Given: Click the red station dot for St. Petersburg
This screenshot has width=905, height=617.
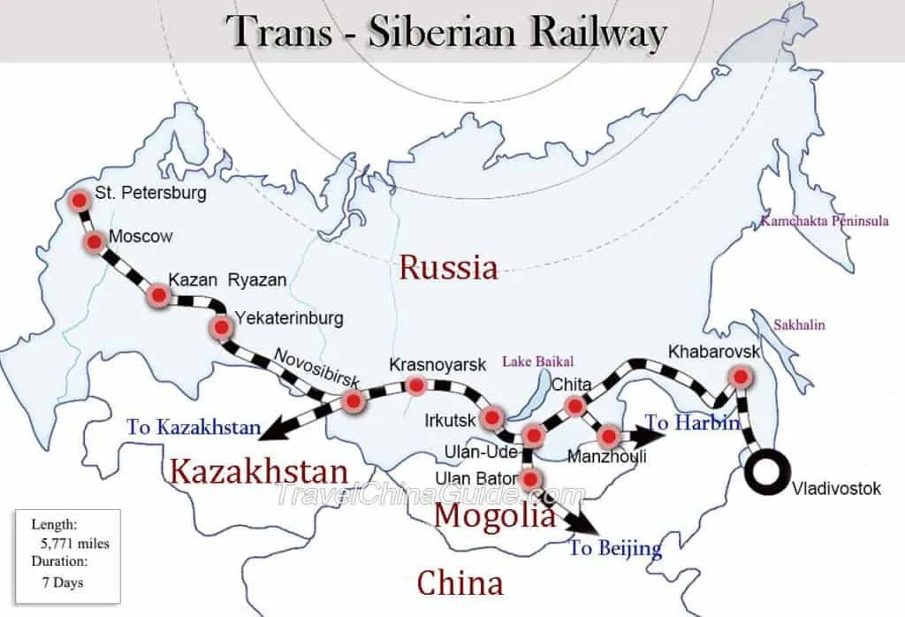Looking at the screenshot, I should [x=80, y=202].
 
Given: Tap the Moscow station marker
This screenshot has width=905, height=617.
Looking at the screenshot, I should [x=93, y=241].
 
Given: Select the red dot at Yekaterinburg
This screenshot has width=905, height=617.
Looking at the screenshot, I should [x=220, y=329].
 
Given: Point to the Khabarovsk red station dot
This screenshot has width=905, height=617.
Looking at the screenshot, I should [x=741, y=377].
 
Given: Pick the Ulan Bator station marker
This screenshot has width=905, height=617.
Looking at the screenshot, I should [x=529, y=480].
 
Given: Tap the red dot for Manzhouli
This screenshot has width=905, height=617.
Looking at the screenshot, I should [x=608, y=436].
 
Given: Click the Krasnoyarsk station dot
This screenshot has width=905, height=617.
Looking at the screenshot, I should [x=415, y=385].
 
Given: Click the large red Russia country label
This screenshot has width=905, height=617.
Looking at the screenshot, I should [x=448, y=267].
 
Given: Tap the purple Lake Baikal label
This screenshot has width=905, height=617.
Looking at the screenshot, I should [x=537, y=361].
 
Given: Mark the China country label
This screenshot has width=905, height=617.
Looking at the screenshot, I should [x=460, y=583].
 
